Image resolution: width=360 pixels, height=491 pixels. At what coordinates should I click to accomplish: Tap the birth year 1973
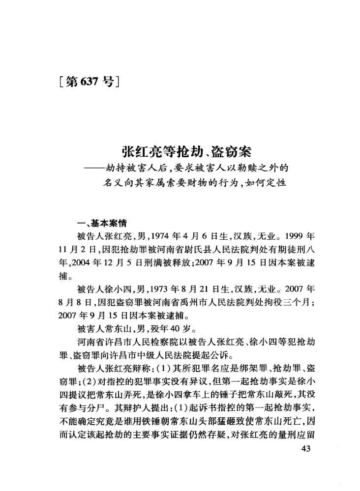point(166,288)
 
